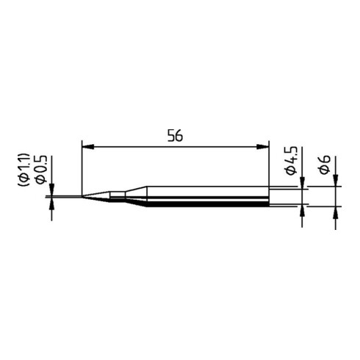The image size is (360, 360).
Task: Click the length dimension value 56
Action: [x=174, y=136]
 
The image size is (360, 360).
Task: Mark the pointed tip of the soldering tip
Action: [x=83, y=196]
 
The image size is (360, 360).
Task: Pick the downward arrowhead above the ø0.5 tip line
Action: [x=51, y=190]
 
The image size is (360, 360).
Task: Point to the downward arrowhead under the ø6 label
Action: [x=336, y=181]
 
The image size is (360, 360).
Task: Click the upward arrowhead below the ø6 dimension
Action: [x=336, y=213]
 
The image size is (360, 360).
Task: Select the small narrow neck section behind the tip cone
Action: [x=118, y=196]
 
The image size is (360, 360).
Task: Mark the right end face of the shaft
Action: [x=268, y=196]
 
